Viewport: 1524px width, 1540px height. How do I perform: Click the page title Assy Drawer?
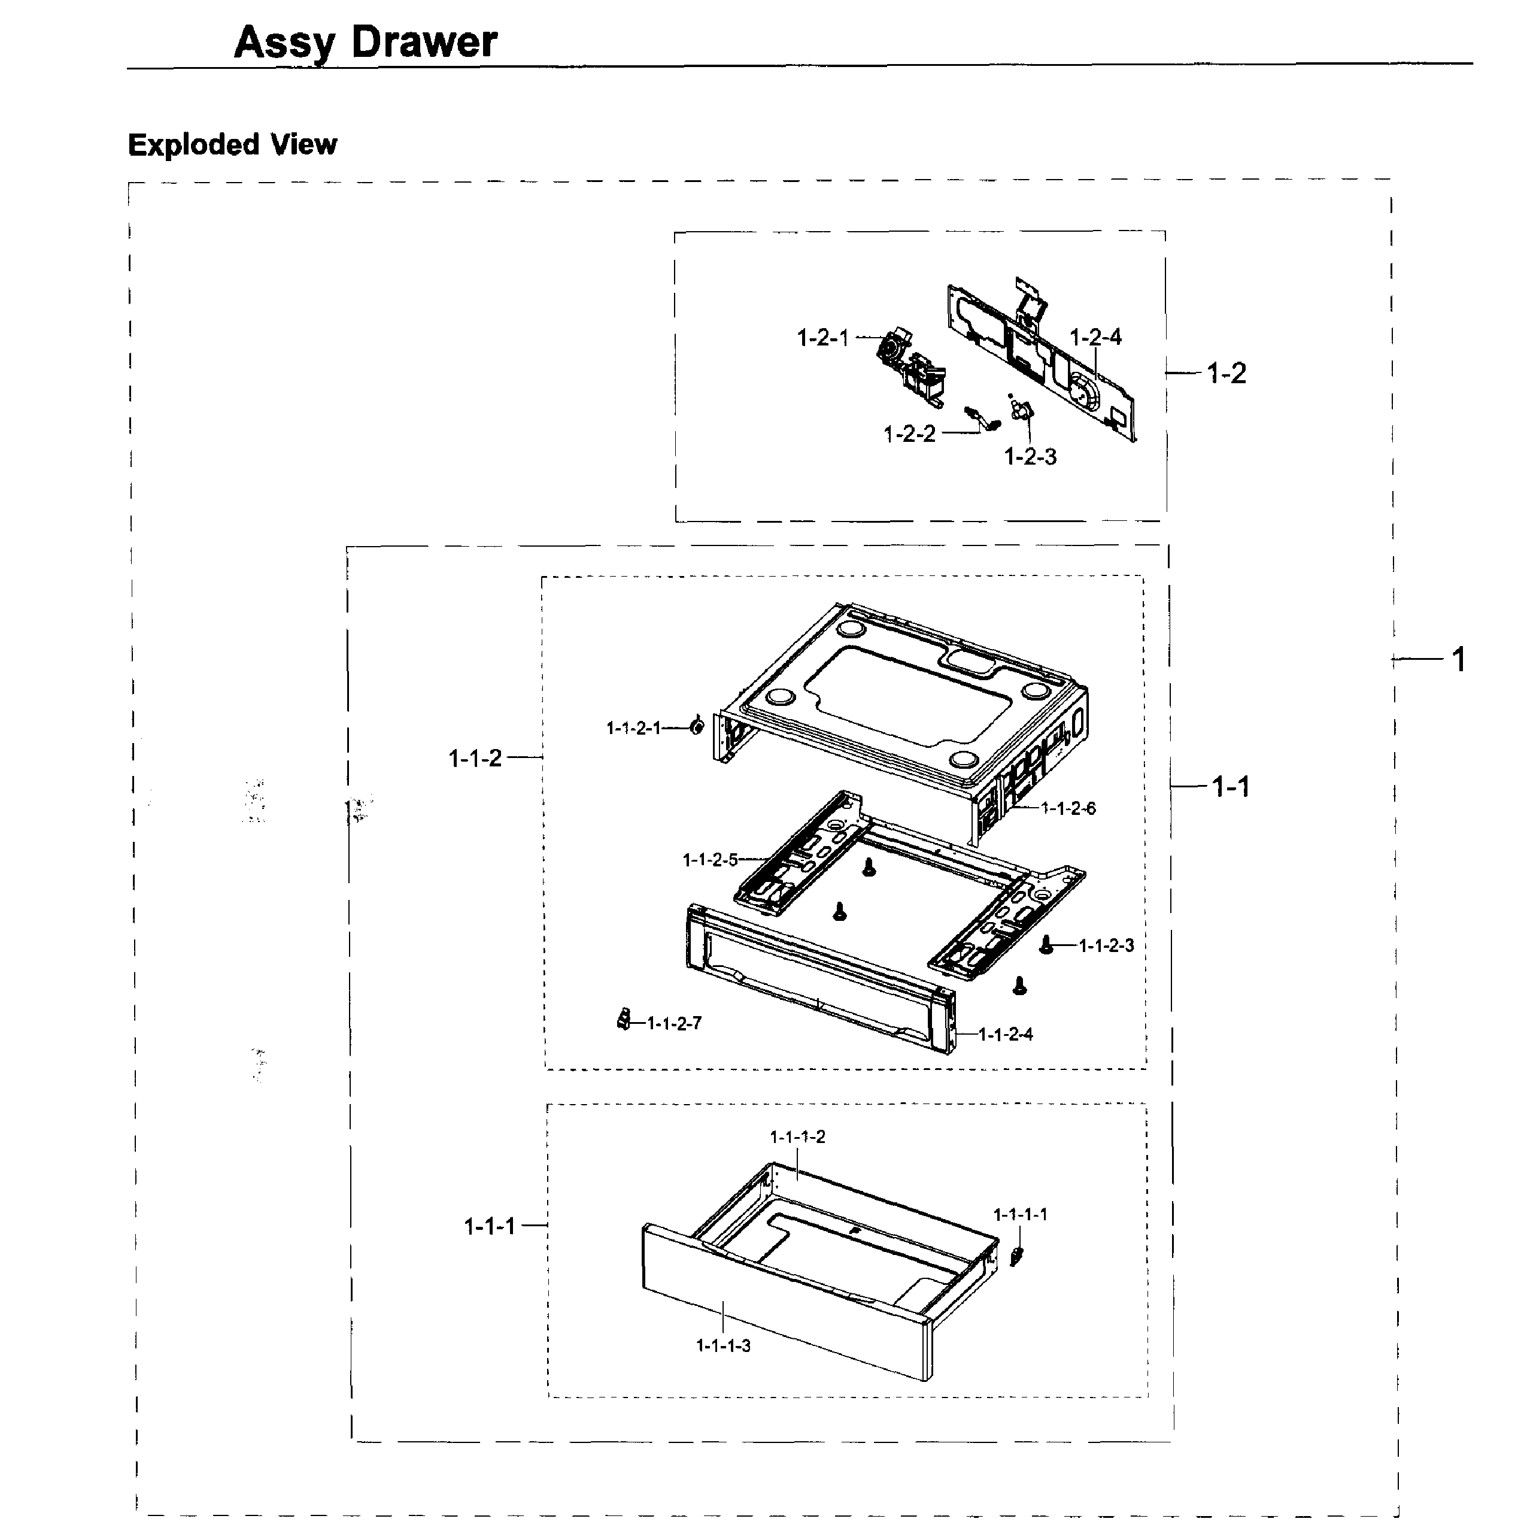(x=365, y=43)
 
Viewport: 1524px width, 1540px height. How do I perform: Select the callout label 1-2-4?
(x=1095, y=337)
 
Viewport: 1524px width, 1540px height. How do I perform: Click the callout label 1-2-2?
(x=909, y=435)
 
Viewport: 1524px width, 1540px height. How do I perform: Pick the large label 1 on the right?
(x=1458, y=660)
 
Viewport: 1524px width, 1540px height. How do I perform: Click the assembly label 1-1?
(x=1230, y=787)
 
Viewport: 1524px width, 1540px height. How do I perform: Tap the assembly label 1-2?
(x=1226, y=373)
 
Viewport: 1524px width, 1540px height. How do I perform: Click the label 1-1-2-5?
(x=710, y=860)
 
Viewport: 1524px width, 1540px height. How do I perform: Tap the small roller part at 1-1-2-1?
(x=697, y=726)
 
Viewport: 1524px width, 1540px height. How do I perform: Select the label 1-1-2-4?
(x=1005, y=1035)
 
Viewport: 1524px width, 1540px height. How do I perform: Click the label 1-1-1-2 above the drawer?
(x=797, y=1136)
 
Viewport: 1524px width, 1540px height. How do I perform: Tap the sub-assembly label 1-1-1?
(x=490, y=1226)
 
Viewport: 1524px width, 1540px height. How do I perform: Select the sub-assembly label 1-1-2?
(x=475, y=758)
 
